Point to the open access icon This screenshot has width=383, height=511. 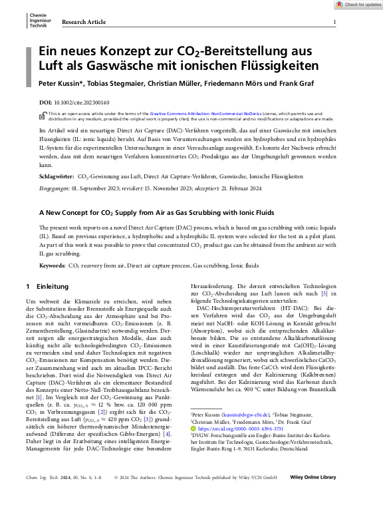[x=43, y=114]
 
